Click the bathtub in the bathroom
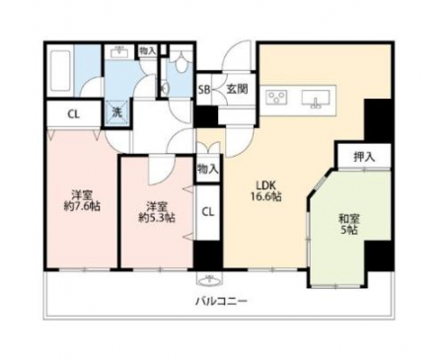point(60,70)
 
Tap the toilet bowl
point(181,62)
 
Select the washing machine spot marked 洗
point(117,112)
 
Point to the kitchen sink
point(316,99)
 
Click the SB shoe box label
point(204,90)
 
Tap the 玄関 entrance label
point(237,89)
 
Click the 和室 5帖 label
point(349,224)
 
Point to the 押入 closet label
point(364,157)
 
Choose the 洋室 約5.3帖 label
point(156,212)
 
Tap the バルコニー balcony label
point(221,301)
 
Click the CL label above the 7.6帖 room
point(74,114)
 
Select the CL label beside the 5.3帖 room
point(207,212)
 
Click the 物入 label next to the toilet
point(147,51)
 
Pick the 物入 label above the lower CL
point(208,169)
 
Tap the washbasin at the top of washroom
point(119,52)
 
